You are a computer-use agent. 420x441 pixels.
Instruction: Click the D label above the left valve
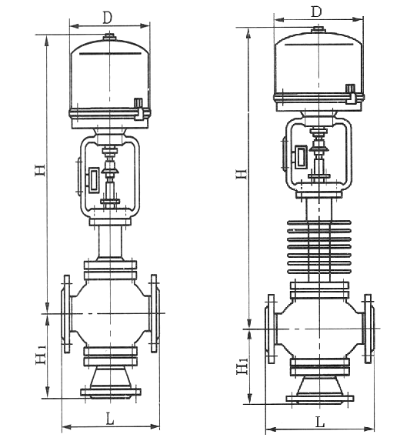point(107,16)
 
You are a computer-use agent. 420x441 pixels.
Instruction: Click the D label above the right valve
point(315,12)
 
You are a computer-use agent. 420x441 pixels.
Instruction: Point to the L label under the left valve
point(111,419)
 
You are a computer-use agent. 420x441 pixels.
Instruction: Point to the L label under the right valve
point(319,423)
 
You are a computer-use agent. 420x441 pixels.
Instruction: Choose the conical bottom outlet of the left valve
point(111,378)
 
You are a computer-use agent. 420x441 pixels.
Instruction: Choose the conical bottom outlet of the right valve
point(318,385)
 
